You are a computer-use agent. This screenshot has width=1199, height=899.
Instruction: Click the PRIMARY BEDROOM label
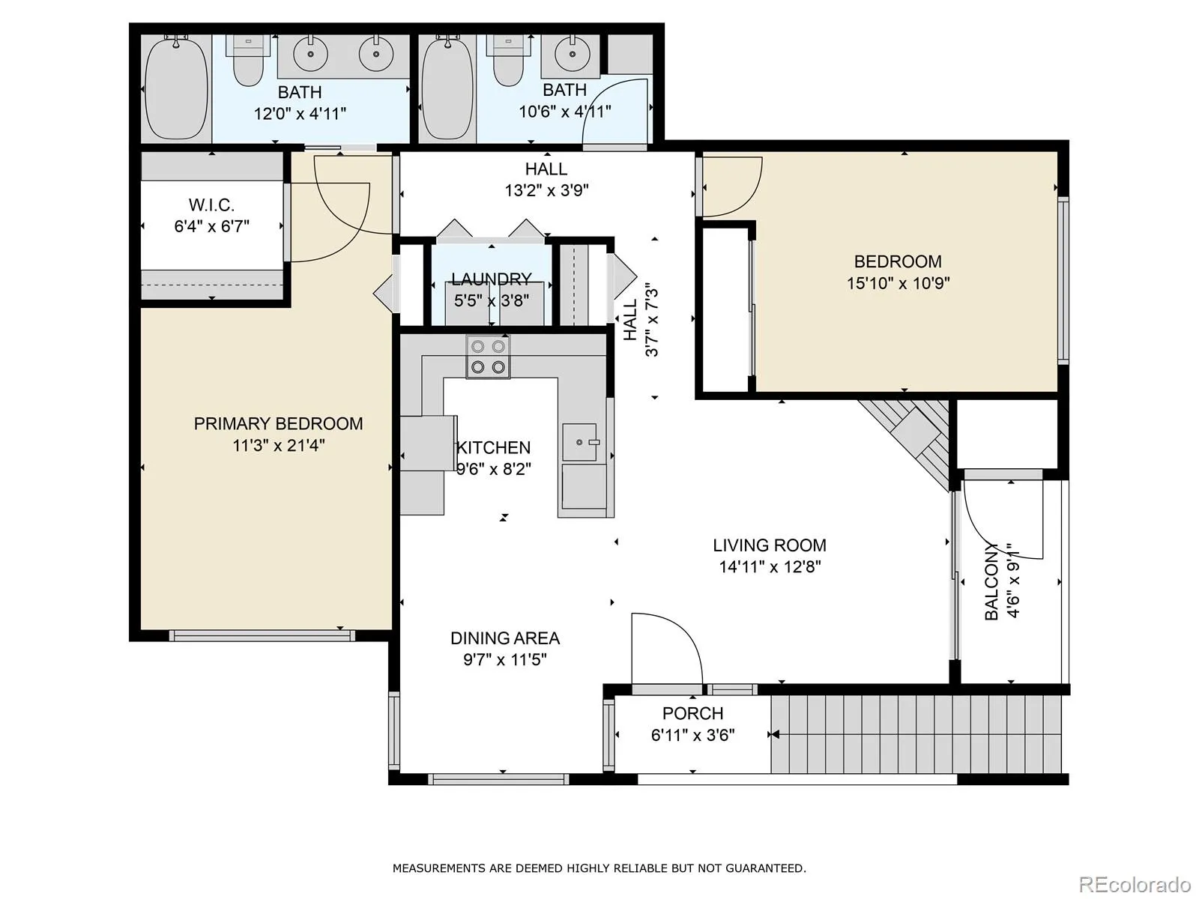pyautogui.click(x=278, y=423)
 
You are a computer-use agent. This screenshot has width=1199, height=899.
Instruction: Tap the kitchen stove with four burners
pyautogui.click(x=488, y=357)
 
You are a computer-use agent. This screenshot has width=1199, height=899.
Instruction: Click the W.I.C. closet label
pyautogui.click(x=211, y=205)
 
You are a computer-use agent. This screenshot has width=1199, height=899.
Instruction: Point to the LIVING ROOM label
pyautogui.click(x=769, y=545)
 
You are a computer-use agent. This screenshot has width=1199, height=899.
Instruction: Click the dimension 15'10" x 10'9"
pyautogui.click(x=898, y=283)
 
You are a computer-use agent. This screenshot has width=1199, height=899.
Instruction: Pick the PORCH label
pyautogui.click(x=692, y=713)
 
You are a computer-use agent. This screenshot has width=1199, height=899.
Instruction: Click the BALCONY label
pyautogui.click(x=991, y=582)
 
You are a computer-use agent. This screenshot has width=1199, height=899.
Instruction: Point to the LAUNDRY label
pyautogui.click(x=491, y=279)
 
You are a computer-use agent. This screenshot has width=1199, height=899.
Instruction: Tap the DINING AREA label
pyautogui.click(x=505, y=638)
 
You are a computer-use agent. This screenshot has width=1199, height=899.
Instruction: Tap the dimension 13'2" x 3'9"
pyautogui.click(x=546, y=190)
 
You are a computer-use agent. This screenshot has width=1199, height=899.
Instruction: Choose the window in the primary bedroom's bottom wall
pyautogui.click(x=262, y=636)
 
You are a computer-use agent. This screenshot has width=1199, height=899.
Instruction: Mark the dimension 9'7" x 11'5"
pyautogui.click(x=505, y=660)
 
